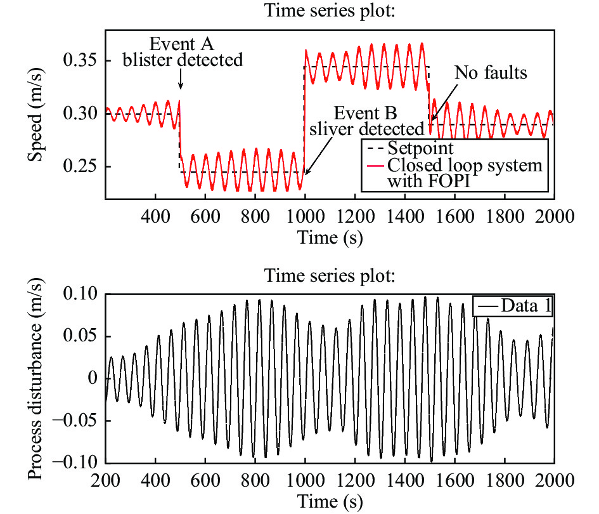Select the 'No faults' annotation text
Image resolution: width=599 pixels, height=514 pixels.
(491, 73)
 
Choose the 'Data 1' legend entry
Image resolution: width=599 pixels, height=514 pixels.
(514, 306)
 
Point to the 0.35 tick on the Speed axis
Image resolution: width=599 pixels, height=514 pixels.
(83, 61)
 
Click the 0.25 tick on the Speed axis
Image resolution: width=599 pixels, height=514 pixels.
(83, 167)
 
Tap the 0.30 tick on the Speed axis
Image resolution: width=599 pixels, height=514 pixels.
(83, 114)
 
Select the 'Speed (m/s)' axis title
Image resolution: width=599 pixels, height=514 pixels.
(35, 114)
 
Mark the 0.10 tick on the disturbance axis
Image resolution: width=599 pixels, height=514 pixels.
(83, 295)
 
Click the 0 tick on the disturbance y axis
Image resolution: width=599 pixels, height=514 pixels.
(93, 378)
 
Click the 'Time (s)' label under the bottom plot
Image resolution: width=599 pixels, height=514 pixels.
(329, 501)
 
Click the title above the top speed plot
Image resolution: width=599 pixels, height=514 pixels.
(330, 11)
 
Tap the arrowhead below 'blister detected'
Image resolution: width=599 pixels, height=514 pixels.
(181, 87)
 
